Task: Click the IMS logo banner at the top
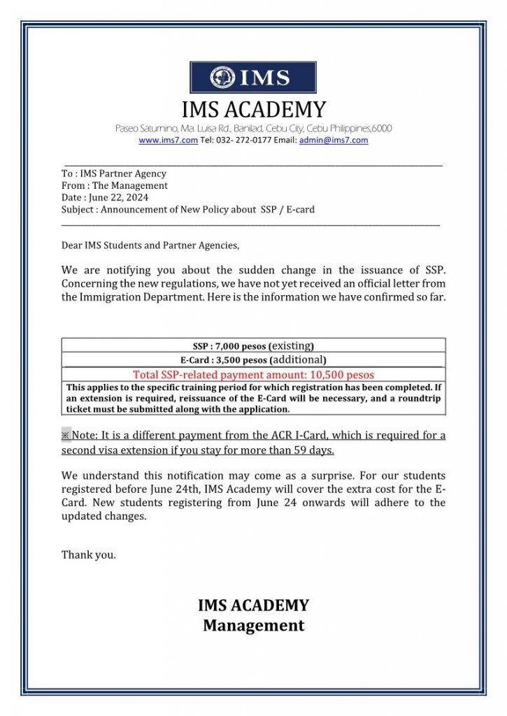click(253, 78)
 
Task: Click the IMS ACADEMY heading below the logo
click(253, 110)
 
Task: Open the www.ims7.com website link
click(158, 141)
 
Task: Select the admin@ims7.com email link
click(334, 141)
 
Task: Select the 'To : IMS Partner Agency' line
click(114, 173)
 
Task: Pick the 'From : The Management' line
click(115, 186)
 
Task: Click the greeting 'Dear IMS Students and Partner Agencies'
click(150, 245)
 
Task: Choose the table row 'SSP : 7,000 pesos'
click(253, 345)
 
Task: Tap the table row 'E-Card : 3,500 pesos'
click(253, 360)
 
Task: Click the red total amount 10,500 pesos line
click(253, 375)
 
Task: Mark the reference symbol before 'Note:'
click(66, 436)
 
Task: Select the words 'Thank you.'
click(89, 555)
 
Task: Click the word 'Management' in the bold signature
click(253, 625)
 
